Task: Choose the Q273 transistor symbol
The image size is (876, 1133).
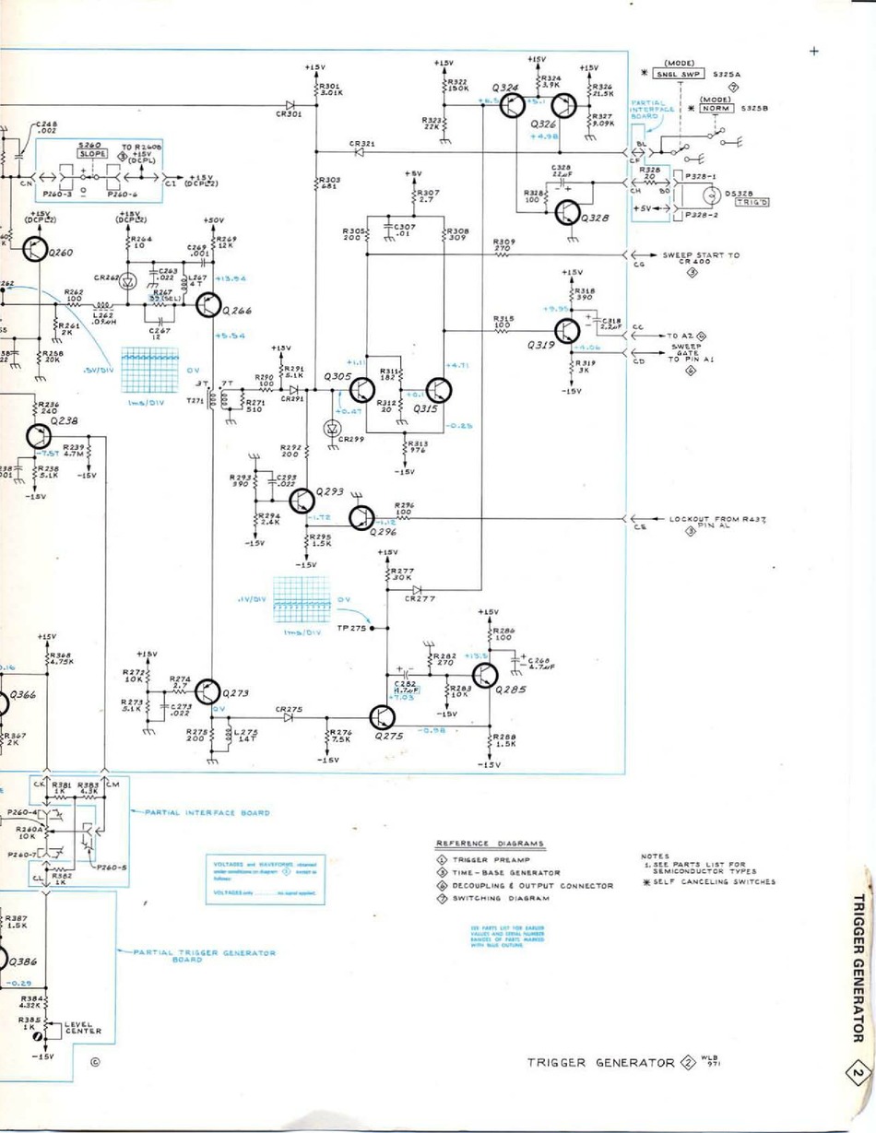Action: tap(209, 691)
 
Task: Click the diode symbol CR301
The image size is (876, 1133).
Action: tap(290, 105)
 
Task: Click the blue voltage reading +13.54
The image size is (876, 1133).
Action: tap(229, 278)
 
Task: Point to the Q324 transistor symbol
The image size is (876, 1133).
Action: tap(514, 107)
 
